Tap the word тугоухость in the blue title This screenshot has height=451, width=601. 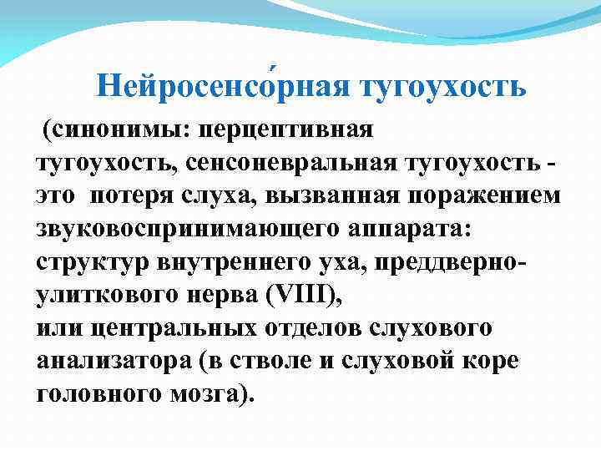(442, 85)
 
